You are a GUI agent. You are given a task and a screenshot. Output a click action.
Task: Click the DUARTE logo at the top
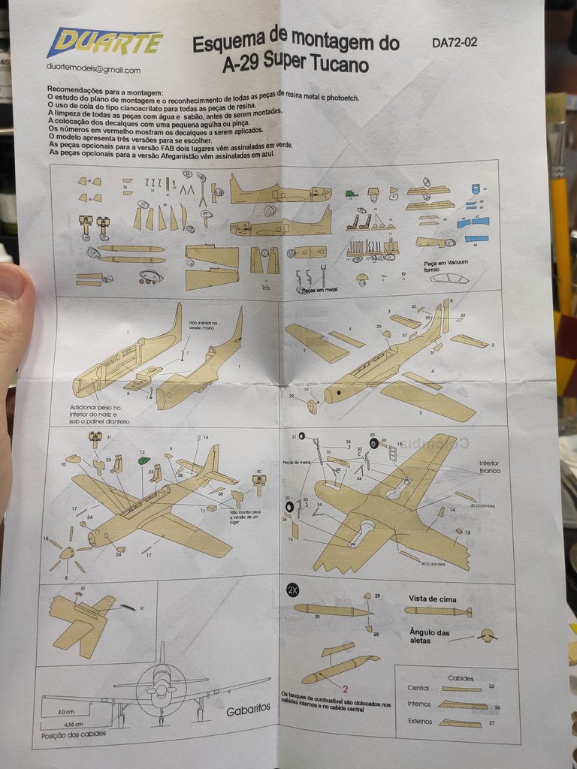coord(105,43)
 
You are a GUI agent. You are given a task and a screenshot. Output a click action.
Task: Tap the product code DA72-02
coord(455,42)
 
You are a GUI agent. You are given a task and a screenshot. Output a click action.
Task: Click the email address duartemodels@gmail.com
coord(93,70)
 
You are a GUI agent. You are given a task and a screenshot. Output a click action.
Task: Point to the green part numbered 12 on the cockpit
coord(144,460)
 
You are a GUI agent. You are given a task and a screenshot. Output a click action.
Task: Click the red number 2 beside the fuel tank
coord(345,687)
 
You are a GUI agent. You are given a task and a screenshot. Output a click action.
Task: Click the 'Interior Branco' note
coord(489,467)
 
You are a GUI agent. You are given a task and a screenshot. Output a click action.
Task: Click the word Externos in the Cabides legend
coord(418,722)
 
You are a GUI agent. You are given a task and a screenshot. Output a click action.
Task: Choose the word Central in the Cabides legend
coord(418,688)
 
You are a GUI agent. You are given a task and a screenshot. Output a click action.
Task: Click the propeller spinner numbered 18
coord(66,552)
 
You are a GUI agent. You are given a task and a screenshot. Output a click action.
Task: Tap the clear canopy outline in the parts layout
coord(449,279)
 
